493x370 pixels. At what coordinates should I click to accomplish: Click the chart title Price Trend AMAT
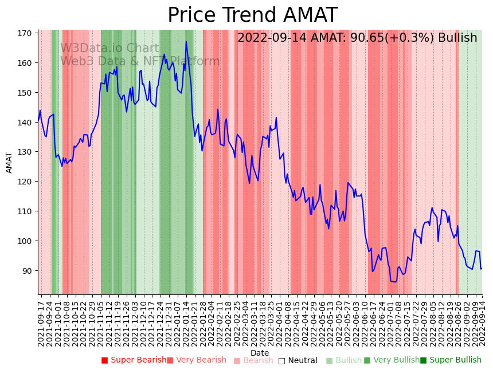(252, 15)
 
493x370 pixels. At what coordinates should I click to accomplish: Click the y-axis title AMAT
(9, 162)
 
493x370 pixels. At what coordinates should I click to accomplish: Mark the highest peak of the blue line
(186, 42)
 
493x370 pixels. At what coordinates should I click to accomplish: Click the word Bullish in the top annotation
(457, 38)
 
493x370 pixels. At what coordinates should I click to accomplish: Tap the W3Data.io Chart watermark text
(109, 49)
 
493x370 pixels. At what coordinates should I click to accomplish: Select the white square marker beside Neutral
(281, 360)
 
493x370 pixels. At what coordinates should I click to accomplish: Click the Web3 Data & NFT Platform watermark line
(140, 61)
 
